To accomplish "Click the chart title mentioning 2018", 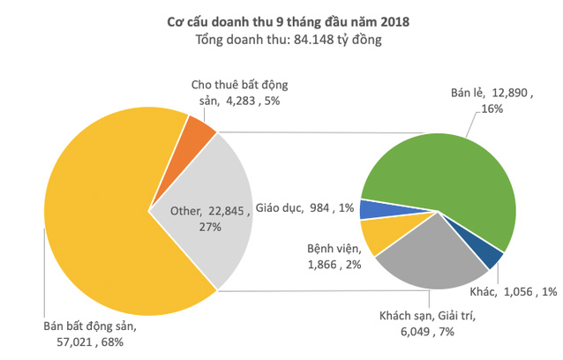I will [x=281, y=19].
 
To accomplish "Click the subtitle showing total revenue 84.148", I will [x=281, y=39].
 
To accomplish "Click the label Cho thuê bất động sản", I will [x=241, y=93].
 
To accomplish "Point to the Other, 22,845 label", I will [x=202, y=218].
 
